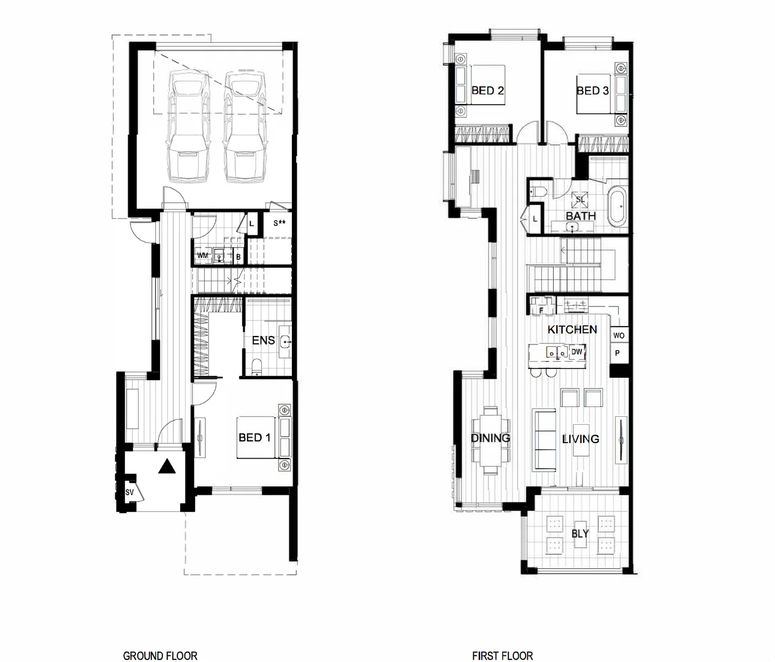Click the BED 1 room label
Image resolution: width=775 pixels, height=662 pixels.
[x=254, y=438]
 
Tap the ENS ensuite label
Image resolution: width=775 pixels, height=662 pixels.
[x=264, y=340]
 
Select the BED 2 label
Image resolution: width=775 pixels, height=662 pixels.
[x=487, y=91]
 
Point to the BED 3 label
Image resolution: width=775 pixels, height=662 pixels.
[x=592, y=91]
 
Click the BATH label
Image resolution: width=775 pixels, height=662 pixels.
[x=580, y=216]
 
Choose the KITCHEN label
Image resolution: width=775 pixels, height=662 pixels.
[x=572, y=330]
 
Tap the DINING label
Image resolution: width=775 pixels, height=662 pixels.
[x=490, y=438]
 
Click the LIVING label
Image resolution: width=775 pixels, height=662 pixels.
[x=580, y=439]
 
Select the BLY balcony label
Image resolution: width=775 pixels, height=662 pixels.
[x=579, y=533]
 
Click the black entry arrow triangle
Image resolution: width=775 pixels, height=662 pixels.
[x=167, y=467]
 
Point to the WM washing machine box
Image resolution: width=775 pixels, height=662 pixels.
[x=202, y=256]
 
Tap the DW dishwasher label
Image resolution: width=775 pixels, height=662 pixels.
[x=576, y=352]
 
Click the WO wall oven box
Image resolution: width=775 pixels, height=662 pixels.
[x=619, y=335]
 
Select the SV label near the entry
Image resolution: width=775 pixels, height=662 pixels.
[x=129, y=492]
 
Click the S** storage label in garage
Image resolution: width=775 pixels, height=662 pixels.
[x=280, y=223]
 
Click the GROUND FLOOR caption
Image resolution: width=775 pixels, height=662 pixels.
[x=160, y=656]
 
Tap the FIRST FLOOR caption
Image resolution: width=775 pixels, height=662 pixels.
[x=502, y=656]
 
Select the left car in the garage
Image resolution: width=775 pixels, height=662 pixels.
[x=188, y=126]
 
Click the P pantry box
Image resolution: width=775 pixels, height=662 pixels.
[x=617, y=353]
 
